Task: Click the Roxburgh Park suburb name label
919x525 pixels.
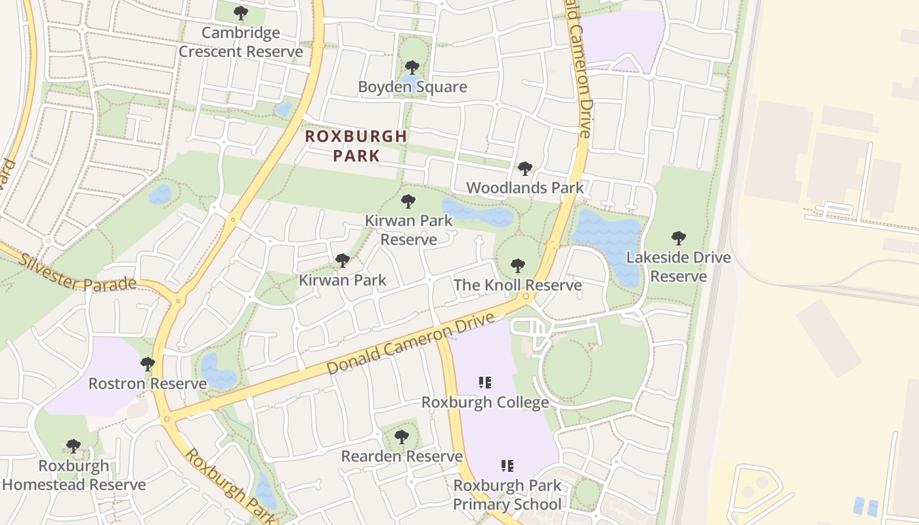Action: click(356, 146)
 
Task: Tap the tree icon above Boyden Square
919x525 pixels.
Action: click(412, 67)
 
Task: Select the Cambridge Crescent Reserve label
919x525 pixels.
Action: click(241, 42)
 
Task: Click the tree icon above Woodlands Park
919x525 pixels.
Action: click(524, 169)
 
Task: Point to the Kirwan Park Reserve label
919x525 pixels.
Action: click(409, 230)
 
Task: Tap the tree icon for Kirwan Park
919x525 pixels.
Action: click(342, 261)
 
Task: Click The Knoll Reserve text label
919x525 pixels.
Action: click(517, 285)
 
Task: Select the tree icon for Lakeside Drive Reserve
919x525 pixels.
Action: click(679, 238)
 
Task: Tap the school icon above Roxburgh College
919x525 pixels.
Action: click(485, 383)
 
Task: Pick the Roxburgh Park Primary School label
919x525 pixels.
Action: click(507, 495)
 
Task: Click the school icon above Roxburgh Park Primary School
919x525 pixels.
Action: click(507, 466)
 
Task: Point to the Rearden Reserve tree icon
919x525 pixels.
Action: click(402, 436)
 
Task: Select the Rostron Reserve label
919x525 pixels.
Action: click(147, 383)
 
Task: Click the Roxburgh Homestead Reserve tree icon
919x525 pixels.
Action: click(74, 446)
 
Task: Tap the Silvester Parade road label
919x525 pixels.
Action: click(77, 273)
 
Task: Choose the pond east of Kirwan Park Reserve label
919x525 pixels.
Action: click(479, 213)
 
